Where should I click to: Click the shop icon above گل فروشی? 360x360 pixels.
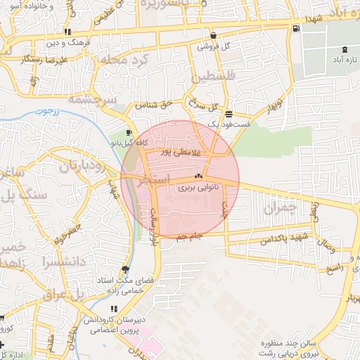212,35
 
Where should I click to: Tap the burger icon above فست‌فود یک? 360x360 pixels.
229,113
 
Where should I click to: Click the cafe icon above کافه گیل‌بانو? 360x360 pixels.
129,133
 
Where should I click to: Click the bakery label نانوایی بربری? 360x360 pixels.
198,188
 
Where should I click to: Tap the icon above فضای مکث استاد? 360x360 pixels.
126,269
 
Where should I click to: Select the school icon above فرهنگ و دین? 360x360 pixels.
67,32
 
